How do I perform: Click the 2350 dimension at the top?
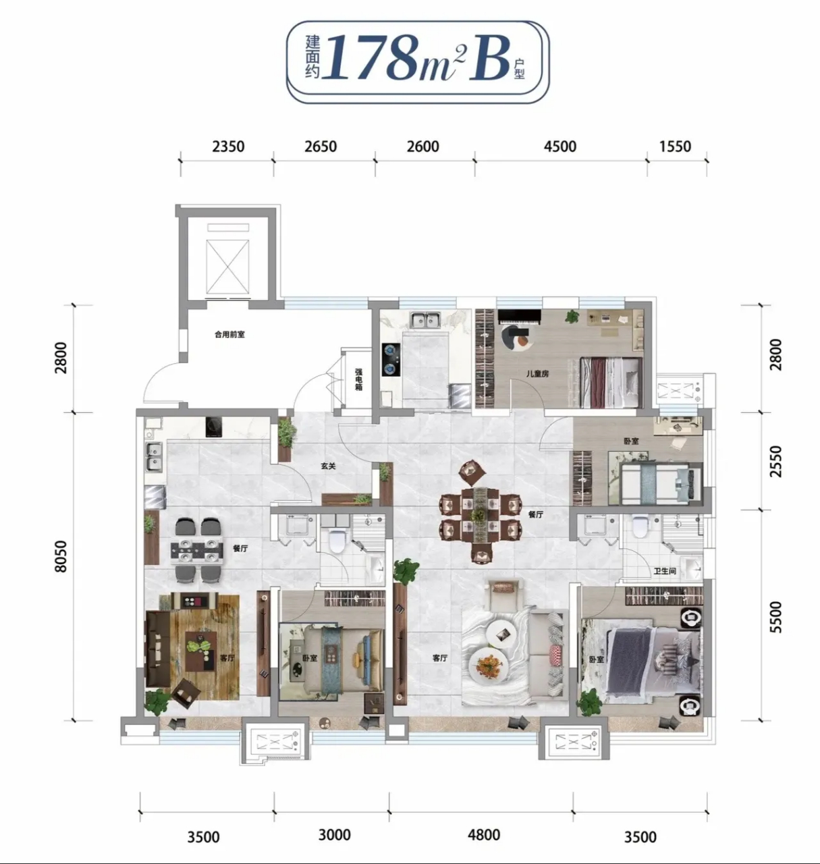tap(228, 146)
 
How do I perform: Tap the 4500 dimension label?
tap(560, 146)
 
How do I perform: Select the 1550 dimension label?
tap(675, 146)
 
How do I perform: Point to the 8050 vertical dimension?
tap(61, 556)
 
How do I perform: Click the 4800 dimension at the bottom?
tap(483, 834)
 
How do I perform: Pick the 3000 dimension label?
tap(335, 834)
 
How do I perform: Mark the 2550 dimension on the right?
tap(776, 462)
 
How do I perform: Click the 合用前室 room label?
tap(229, 334)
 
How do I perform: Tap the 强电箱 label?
tap(358, 379)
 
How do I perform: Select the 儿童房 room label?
tap(538, 374)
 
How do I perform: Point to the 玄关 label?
tap(328, 466)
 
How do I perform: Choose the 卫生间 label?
tap(665, 571)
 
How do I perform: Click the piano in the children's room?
tap(520, 317)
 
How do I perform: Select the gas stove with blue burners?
tap(391, 360)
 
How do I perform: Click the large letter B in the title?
tap(489, 59)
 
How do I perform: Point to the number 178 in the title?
tap(373, 58)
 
